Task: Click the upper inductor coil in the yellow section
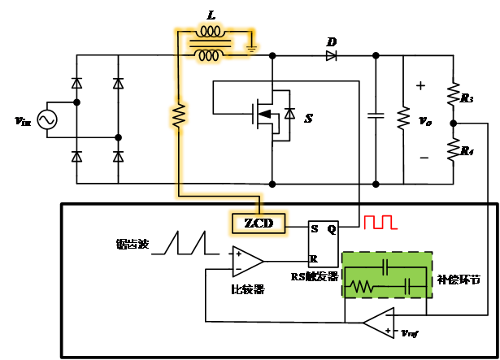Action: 211,33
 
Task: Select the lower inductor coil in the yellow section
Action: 209,55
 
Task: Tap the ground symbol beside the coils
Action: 251,48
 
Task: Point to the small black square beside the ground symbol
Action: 240,42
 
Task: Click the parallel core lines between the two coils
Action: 208,44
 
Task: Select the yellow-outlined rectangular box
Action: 257,223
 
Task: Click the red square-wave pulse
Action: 380,223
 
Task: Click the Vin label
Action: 23,122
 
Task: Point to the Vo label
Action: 424,122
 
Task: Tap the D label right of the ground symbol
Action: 331,41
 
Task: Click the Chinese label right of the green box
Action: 459,280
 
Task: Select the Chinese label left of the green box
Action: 314,277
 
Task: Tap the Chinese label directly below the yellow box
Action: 247,289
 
